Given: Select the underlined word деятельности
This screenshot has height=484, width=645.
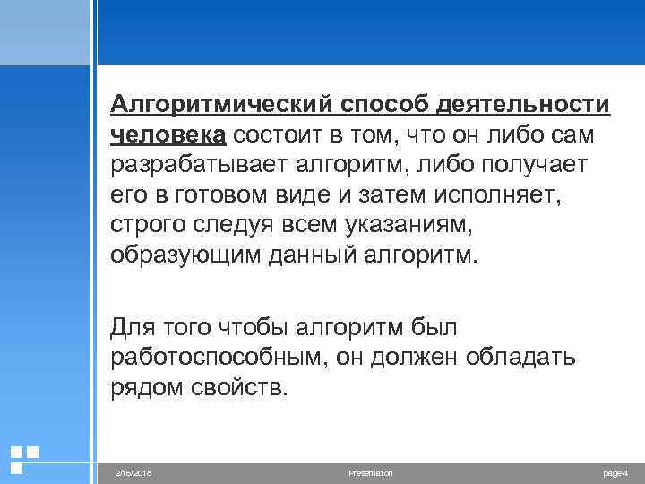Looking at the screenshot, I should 523,105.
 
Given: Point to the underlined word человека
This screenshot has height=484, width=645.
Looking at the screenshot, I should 168,134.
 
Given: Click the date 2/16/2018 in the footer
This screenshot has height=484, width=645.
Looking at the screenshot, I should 135,472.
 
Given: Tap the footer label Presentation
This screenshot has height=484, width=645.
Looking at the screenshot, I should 370,472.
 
